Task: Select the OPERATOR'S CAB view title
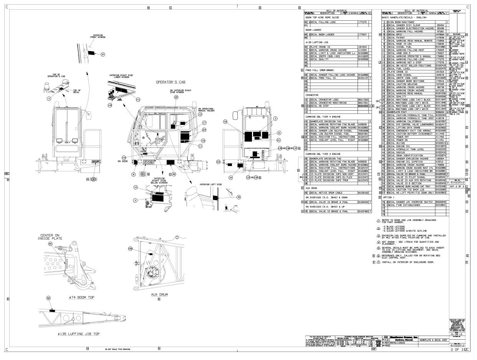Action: [169, 82]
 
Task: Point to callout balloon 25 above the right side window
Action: [176, 98]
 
